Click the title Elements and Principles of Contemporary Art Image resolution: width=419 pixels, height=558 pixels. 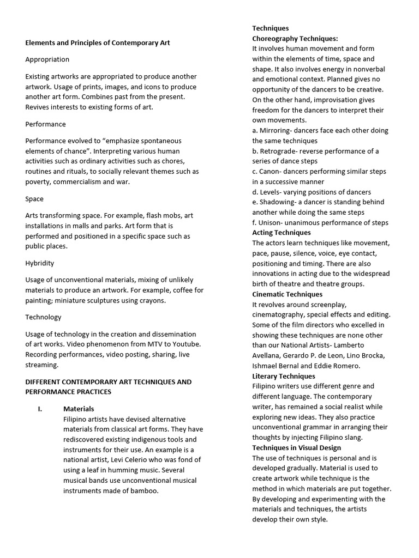98,43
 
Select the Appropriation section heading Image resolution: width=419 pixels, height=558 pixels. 47,59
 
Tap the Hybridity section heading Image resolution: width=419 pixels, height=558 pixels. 40,263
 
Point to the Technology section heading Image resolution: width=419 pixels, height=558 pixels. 43,317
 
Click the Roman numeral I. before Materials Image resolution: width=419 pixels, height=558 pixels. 40,409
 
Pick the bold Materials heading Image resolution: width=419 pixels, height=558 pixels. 79,409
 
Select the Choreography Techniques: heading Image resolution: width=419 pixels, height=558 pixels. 295,39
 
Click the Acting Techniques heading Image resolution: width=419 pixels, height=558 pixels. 281,233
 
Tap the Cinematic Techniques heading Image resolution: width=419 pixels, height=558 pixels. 287,294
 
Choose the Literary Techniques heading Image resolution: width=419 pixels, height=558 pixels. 283,376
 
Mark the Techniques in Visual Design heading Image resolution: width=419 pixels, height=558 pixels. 296,448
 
